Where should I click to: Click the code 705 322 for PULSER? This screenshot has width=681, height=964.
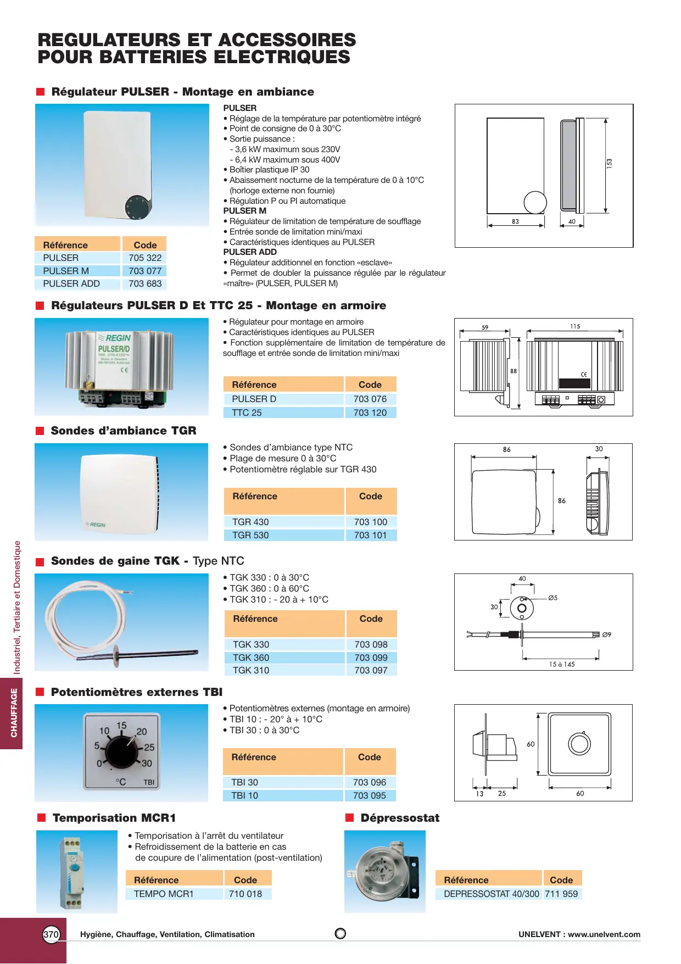click(145, 258)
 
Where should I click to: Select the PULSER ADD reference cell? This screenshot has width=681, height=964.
click(71, 283)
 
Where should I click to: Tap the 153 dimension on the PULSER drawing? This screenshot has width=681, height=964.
click(609, 163)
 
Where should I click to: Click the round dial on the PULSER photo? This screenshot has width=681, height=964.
click(137, 206)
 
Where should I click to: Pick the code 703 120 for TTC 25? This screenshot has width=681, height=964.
click(370, 413)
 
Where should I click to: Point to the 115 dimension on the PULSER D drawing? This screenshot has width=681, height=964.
click(575, 326)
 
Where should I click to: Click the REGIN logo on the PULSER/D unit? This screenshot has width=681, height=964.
click(116, 338)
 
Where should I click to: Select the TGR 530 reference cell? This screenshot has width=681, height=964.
click(250, 535)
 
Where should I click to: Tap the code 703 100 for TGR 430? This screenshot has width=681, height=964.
click(371, 522)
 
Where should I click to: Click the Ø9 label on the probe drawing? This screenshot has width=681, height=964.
click(607, 634)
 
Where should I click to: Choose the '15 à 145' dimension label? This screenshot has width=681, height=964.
click(562, 664)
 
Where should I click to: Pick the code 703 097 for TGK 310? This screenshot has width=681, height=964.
click(371, 670)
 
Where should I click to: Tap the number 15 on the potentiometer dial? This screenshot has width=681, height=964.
click(121, 726)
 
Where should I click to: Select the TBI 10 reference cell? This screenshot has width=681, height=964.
click(245, 795)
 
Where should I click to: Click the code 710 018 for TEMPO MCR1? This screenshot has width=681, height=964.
click(245, 894)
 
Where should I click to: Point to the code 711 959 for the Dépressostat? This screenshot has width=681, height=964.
click(561, 894)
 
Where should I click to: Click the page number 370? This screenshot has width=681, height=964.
click(51, 934)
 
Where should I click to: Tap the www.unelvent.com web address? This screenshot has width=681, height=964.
click(604, 934)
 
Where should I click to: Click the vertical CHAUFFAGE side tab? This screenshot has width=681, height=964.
click(14, 712)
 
